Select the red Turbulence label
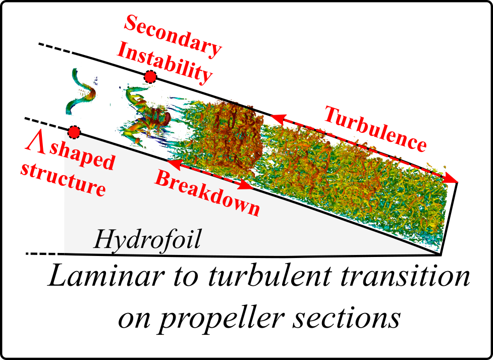tap(375, 129)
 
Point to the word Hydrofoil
tap(147, 239)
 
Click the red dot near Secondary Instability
tap(150, 77)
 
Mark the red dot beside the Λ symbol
tap(74, 132)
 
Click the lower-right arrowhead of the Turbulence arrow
tap(453, 179)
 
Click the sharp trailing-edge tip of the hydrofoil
tap(440, 254)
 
